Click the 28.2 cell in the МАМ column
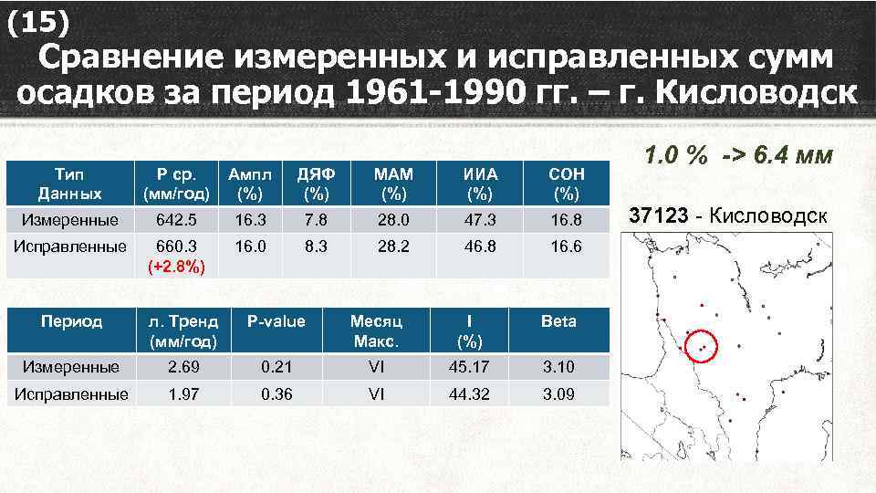395,246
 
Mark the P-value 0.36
276,394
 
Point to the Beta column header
558,320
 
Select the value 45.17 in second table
469,367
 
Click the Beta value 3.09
558,394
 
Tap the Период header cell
70,320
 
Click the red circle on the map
701,346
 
